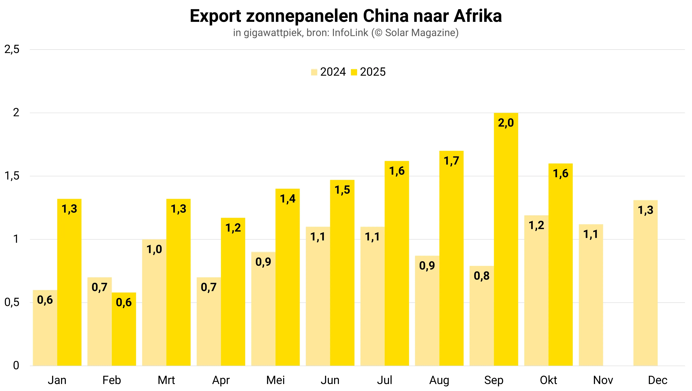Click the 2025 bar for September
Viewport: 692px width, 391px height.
point(506,239)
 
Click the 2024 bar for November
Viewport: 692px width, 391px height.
point(591,295)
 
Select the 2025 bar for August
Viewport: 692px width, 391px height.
point(451,258)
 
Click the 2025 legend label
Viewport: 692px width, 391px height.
point(373,72)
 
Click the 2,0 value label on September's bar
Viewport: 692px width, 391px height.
point(506,123)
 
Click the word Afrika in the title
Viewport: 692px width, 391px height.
point(478,16)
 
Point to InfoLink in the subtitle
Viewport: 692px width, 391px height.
point(350,33)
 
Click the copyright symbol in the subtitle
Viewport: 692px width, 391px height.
point(378,33)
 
